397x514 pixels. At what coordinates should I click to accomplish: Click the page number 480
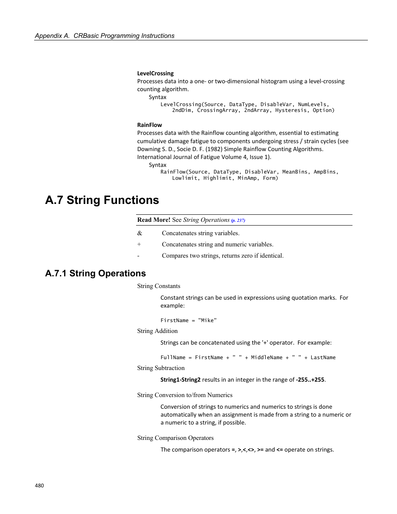coord(39,485)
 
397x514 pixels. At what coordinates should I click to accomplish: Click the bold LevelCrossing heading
coord(155,73)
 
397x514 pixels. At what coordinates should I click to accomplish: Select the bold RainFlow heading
coord(149,125)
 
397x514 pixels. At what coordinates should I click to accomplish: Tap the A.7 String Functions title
coord(102,200)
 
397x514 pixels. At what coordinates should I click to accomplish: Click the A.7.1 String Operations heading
coord(95,273)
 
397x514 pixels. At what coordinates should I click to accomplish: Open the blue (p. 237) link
coord(238,220)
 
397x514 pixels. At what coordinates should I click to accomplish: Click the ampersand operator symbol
coord(140,233)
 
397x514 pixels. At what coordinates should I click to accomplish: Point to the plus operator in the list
coord(139,244)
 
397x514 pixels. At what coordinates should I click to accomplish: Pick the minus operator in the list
coord(139,256)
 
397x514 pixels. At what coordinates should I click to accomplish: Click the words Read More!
coord(154,220)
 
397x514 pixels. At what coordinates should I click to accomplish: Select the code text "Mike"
coord(207,320)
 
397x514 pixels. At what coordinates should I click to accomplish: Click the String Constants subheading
coord(159,286)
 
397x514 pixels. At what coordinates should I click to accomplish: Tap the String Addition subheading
coord(157,331)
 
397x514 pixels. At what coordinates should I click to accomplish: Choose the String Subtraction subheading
coord(161,368)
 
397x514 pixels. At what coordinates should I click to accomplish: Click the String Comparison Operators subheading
coord(175,438)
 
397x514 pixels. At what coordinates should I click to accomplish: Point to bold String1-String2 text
coord(180,380)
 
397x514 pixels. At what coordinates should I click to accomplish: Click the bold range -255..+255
coord(310,380)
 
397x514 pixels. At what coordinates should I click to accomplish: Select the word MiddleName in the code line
coord(267,358)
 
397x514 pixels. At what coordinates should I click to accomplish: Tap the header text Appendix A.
coord(52,36)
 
